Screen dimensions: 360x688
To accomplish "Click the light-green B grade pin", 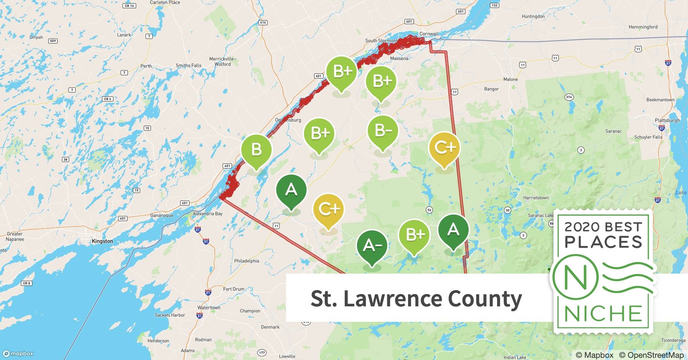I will (256, 149).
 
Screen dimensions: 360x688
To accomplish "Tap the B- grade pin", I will (383, 131).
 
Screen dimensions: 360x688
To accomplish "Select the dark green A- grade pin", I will (372, 246).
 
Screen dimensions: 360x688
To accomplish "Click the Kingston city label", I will (102, 241).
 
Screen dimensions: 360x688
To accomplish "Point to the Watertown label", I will (209, 308).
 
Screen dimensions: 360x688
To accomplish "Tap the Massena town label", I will (399, 58).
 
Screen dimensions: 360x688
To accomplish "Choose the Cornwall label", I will (429, 34).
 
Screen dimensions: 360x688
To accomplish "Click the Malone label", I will (510, 79).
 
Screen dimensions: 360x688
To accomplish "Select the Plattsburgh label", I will (667, 120).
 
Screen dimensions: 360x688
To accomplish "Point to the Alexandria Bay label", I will (207, 213).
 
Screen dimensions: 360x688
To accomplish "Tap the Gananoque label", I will (162, 215).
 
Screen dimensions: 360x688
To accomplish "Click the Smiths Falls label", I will (188, 66).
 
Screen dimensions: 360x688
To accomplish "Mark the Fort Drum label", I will (233, 289).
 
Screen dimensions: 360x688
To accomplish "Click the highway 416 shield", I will (263, 22).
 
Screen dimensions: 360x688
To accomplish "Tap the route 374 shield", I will (569, 97).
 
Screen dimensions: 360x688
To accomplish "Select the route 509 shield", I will (53, 41).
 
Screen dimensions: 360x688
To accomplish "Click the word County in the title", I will (484, 299).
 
